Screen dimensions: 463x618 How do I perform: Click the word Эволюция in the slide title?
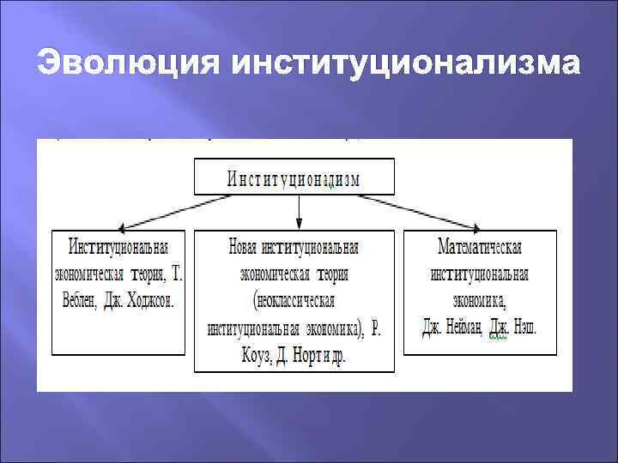[x=126, y=64]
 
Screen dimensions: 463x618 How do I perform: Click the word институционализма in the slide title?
[x=403, y=64]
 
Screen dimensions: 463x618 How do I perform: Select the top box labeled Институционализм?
[x=294, y=178]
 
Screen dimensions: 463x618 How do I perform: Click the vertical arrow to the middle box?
[x=299, y=211]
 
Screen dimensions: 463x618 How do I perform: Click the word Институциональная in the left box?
[x=118, y=247]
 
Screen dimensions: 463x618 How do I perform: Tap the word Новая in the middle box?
[x=244, y=247]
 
